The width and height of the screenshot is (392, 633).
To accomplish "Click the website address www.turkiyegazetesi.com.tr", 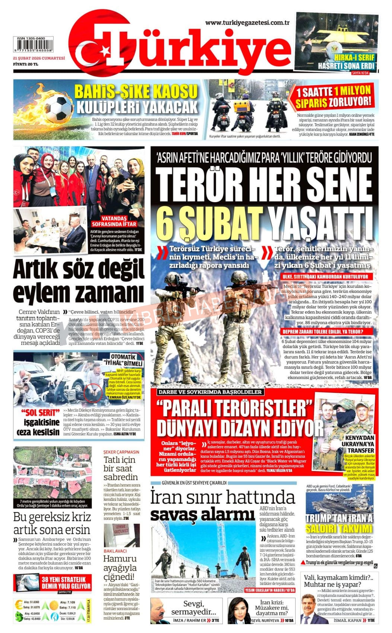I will tap(248, 23).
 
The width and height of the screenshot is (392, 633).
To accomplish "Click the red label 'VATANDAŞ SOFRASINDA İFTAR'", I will tap(115, 221).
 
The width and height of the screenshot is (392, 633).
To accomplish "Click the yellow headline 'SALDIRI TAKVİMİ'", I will tap(339, 528).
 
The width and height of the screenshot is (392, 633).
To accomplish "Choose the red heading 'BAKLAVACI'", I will tap(115, 551).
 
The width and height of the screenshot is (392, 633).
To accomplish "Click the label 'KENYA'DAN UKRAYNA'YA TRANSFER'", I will tap(360, 444).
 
